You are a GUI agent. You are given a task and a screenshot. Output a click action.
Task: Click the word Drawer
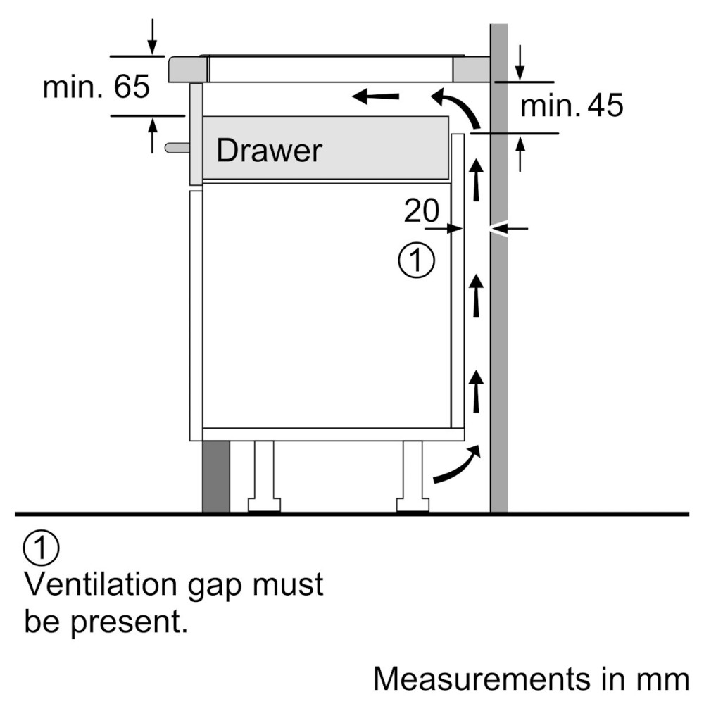269,150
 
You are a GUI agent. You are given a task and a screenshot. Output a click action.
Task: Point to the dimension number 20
421,210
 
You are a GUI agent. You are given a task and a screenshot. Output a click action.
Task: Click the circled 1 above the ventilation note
42,549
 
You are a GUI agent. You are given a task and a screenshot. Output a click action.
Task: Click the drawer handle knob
176,147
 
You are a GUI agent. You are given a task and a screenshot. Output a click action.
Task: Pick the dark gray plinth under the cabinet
216,477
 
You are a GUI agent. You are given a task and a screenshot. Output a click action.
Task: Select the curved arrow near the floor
457,465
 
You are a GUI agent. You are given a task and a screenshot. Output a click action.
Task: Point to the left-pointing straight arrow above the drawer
376,96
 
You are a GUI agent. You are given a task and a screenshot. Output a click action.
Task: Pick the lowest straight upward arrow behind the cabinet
477,389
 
